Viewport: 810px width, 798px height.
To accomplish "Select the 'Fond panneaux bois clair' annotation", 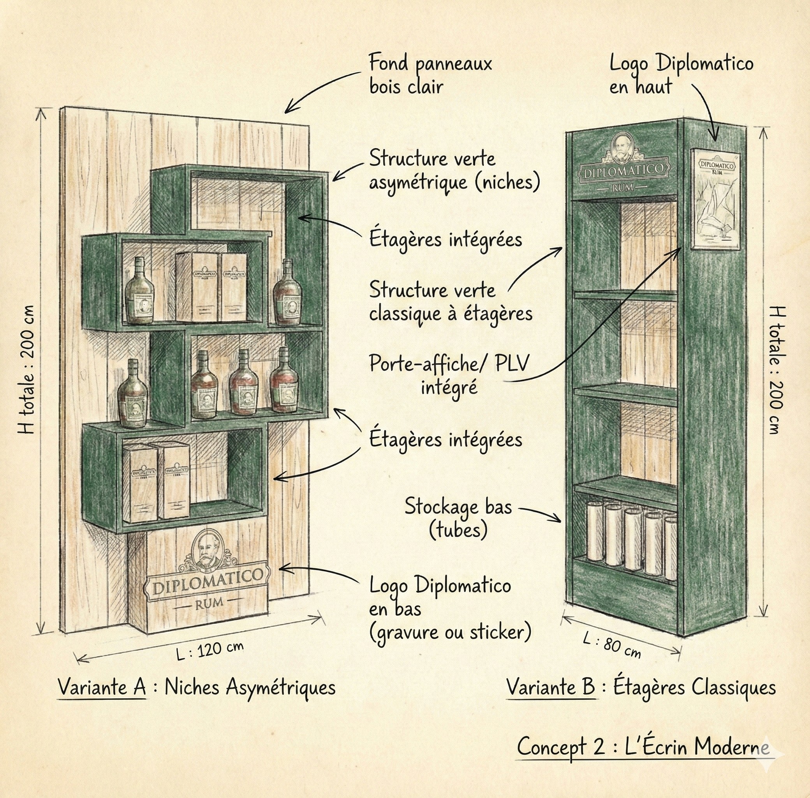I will pyautogui.click(x=430, y=75).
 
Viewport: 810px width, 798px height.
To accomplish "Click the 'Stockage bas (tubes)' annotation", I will pyautogui.click(x=458, y=518).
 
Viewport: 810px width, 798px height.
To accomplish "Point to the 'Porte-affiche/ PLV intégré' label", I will pyautogui.click(x=449, y=374).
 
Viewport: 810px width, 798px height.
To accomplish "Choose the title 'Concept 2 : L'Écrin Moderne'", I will pyautogui.click(x=643, y=747).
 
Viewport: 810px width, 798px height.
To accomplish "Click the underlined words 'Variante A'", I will pyautogui.click(x=102, y=687).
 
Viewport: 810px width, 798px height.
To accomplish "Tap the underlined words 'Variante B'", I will pyautogui.click(x=551, y=687).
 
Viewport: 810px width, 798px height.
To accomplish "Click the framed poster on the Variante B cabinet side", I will pyautogui.click(x=715, y=199).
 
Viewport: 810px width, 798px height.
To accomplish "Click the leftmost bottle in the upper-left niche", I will pyautogui.click(x=139, y=291).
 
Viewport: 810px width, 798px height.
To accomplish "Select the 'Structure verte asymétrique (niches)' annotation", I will pyautogui.click(x=454, y=171).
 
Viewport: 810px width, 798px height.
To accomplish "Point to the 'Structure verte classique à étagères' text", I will pyautogui.click(x=450, y=302).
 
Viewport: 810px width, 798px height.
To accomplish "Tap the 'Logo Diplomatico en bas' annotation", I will pyautogui.click(x=449, y=609).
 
